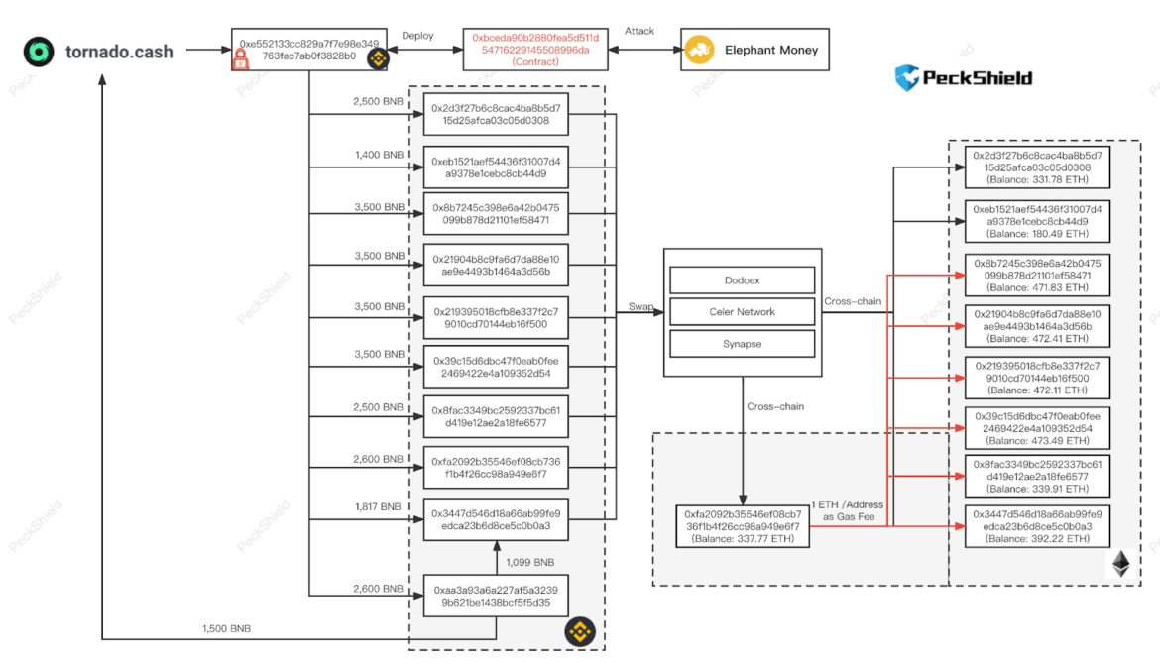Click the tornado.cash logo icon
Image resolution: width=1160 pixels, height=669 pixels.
[39, 51]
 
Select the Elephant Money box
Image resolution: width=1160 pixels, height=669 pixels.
[754, 50]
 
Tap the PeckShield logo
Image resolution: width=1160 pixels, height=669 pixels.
[964, 78]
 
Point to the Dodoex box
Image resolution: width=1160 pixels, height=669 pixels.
[742, 280]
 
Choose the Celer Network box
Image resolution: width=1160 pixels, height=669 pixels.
[742, 312]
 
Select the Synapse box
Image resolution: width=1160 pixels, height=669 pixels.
[742, 344]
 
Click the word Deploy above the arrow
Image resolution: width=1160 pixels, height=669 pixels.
[417, 35]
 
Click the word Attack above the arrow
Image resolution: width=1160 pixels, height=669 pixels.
[639, 31]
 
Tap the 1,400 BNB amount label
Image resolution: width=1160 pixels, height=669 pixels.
[379, 155]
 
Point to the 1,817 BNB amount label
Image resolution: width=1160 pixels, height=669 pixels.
[379, 506]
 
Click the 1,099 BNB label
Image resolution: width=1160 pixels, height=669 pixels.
[530, 562]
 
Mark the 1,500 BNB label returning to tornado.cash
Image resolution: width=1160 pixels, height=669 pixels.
[226, 628]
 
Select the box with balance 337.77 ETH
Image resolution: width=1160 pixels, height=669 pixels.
[742, 527]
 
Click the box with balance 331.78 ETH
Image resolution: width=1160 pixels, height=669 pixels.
[1037, 167]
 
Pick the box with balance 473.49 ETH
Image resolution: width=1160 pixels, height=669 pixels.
[1037, 427]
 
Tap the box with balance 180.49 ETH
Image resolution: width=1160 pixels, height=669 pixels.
[1037, 221]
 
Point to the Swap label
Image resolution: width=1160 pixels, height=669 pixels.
[640, 307]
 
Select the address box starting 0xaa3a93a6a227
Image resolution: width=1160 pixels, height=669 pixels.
[496, 596]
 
